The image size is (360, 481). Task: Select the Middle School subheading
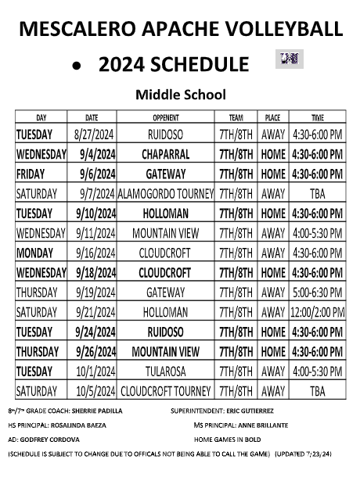point(181,95)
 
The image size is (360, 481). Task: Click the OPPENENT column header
point(166,117)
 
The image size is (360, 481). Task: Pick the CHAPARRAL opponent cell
point(166,154)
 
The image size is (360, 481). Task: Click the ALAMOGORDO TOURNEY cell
point(166,193)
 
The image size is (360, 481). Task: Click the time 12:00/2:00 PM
point(317,312)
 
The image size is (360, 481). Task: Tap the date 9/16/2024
point(95,253)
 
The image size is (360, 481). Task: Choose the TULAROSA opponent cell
point(166,371)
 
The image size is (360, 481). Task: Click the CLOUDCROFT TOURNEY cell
point(166,390)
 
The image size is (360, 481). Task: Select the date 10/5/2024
point(95,390)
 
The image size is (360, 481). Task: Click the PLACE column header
point(272,117)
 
